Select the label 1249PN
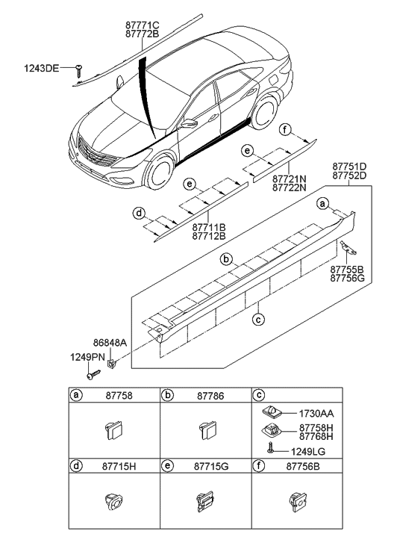coord(86,356)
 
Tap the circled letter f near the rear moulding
coord(285,129)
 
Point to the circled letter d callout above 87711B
coord(139,214)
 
